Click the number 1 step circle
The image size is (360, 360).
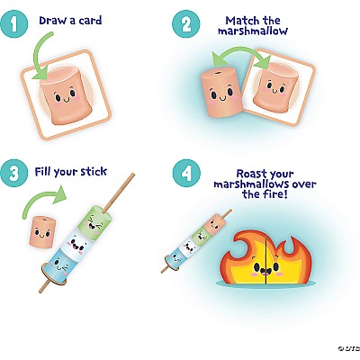(13, 23)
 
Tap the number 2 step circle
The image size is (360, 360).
(186, 23)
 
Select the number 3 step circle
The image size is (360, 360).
(13, 173)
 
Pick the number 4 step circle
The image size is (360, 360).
(186, 173)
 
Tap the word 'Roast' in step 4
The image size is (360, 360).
(252, 174)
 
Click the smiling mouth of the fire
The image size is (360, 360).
(265, 271)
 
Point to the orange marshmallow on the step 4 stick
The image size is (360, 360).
(214, 225)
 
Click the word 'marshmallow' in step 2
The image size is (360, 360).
(253, 31)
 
